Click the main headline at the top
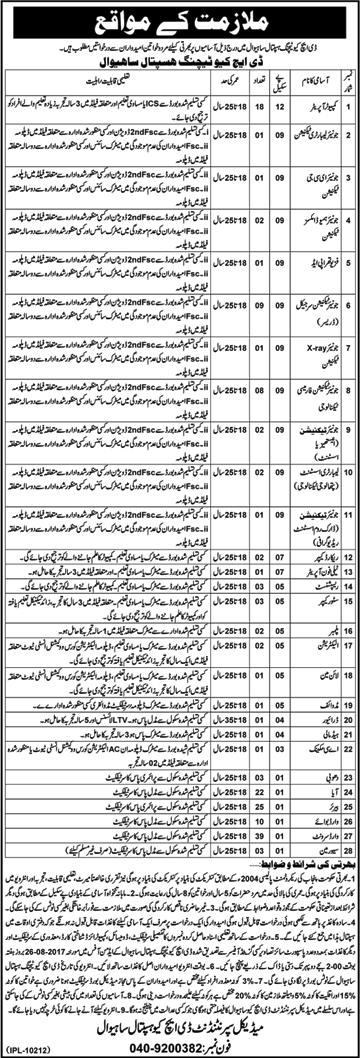pyautogui.click(x=181, y=19)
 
